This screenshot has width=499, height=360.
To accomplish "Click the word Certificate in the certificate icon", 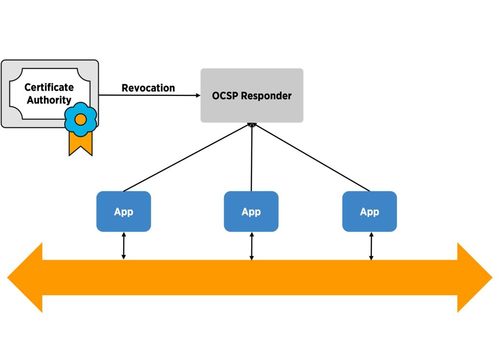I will (x=49, y=88).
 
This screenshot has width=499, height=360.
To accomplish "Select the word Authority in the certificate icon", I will (x=49, y=100).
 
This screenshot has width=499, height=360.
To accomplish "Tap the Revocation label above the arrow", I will (x=148, y=88).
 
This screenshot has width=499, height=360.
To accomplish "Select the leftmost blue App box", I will (x=124, y=211).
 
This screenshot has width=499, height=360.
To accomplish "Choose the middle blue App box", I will (x=251, y=211).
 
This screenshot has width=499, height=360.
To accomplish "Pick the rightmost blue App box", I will (x=369, y=211).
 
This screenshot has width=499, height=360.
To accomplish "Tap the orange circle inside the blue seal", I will (x=81, y=119).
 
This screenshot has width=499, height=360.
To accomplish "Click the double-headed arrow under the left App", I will (x=124, y=246).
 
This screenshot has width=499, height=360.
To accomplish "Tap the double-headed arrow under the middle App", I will (x=251, y=246).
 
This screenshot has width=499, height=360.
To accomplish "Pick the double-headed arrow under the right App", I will (x=371, y=246).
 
